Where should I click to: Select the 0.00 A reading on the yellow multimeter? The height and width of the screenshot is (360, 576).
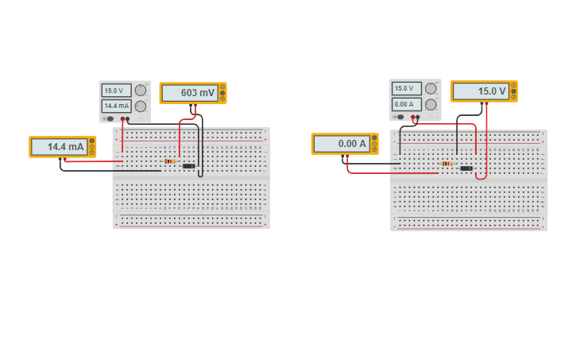click(x=342, y=144)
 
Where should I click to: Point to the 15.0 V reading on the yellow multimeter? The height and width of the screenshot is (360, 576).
click(x=480, y=91)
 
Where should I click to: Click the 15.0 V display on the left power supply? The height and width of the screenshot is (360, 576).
click(x=116, y=91)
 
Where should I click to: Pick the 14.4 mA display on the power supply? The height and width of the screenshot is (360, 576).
click(x=116, y=106)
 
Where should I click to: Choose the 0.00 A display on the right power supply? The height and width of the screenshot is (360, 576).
click(x=406, y=104)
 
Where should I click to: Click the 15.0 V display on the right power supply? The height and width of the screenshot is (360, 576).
click(x=406, y=89)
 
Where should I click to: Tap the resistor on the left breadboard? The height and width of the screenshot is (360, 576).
click(x=169, y=161)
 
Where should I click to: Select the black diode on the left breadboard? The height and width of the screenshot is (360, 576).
click(x=188, y=165)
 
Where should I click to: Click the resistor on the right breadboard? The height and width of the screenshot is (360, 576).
click(x=447, y=164)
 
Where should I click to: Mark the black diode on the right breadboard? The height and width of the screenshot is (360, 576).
click(x=466, y=168)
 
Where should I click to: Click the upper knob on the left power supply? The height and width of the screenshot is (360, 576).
click(x=141, y=91)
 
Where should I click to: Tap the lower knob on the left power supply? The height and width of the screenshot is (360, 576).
click(x=141, y=106)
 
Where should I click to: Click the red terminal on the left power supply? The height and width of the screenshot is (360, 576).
click(x=122, y=119)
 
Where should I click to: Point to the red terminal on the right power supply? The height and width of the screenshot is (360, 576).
click(x=413, y=117)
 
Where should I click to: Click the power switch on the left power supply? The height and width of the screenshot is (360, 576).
click(x=110, y=118)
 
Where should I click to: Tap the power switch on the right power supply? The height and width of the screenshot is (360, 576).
click(x=400, y=117)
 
